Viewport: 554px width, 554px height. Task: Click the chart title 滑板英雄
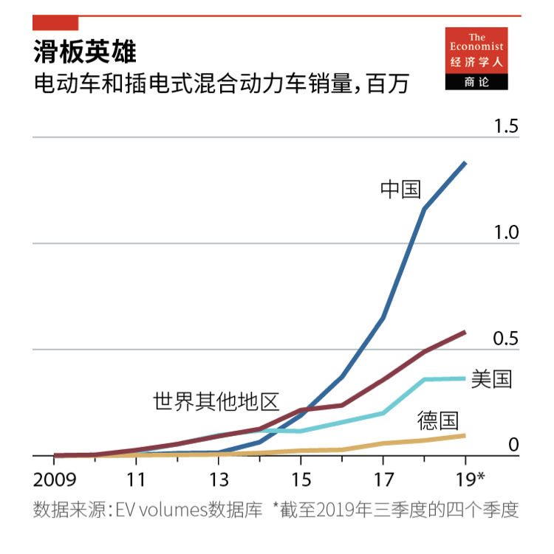(x=85, y=52)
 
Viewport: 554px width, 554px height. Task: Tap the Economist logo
(x=476, y=59)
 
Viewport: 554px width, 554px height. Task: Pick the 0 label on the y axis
(x=514, y=445)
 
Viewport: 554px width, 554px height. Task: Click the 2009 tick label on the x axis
(x=55, y=479)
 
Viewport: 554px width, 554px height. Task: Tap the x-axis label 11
(x=136, y=479)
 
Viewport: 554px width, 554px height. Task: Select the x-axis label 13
(x=218, y=479)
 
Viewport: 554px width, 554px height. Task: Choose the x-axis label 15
(x=300, y=479)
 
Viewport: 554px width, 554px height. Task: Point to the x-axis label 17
(x=382, y=479)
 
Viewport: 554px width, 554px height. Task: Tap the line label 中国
(x=400, y=190)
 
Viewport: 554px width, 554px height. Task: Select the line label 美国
(x=492, y=379)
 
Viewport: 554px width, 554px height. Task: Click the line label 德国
(x=437, y=421)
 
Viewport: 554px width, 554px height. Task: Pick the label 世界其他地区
(x=216, y=402)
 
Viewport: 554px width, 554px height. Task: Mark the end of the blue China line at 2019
(x=465, y=162)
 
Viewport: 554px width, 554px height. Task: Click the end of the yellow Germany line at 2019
(x=465, y=435)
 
